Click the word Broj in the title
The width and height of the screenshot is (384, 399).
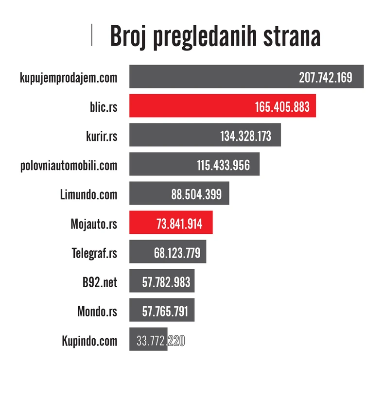coord(128,36)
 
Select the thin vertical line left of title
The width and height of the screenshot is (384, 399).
coord(92,35)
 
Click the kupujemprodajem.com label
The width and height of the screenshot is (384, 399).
coord(69,78)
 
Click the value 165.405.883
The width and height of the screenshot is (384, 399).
coord(282,107)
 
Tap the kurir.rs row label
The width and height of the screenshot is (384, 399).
coord(101,136)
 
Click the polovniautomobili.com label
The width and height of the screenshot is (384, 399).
coord(69,165)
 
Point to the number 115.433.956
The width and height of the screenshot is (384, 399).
coord(223,165)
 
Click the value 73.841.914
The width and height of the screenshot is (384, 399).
coord(179,224)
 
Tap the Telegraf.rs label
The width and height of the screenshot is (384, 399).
coord(94,253)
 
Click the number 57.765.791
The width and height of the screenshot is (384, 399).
coord(165,311)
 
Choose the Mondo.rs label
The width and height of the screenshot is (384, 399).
coord(97,311)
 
